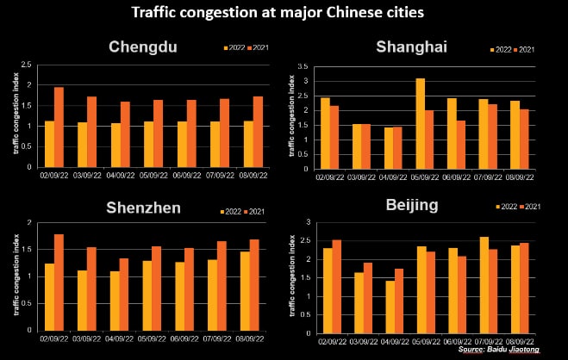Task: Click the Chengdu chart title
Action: [143, 47]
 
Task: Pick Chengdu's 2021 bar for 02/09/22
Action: [59, 127]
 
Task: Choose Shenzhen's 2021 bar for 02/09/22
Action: [59, 282]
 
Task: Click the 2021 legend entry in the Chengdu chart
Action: [258, 47]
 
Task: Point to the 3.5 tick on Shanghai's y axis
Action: [302, 66]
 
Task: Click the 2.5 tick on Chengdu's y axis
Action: [28, 65]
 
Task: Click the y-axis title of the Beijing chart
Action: [293, 278]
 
